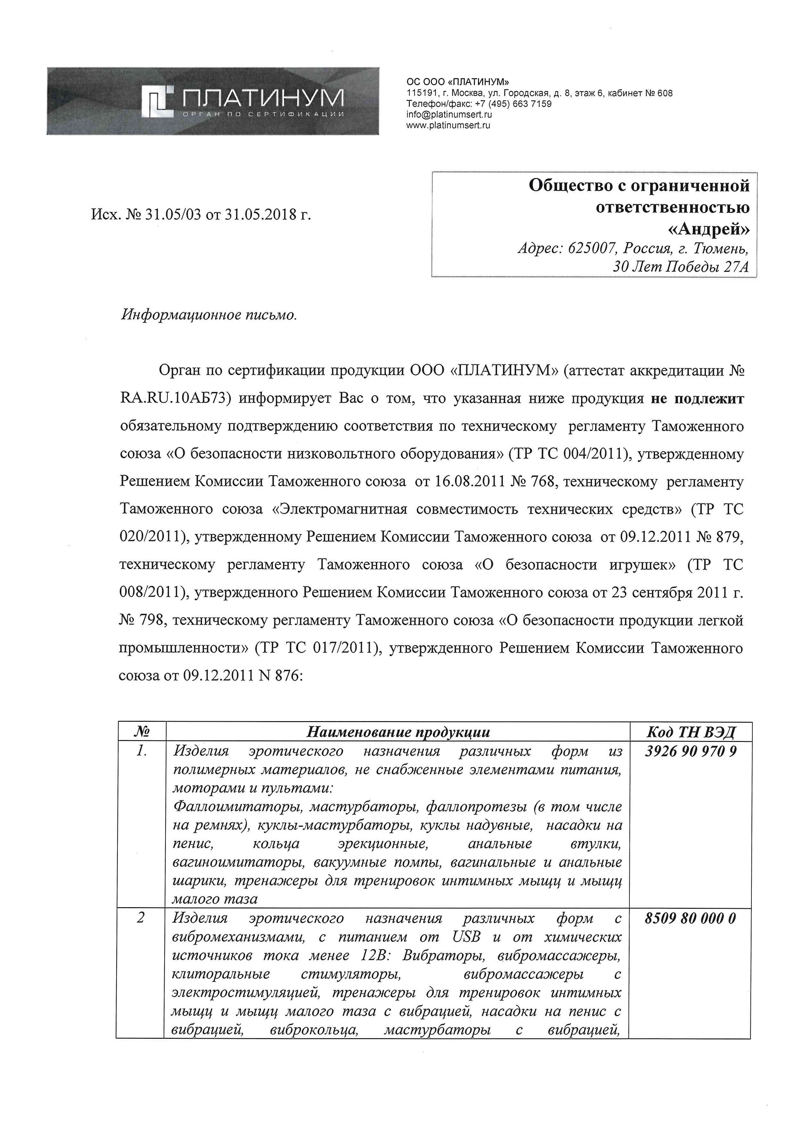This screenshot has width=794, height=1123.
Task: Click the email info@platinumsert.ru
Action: click(449, 114)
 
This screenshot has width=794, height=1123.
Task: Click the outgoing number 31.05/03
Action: click(173, 215)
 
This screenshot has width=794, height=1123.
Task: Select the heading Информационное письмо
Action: click(209, 315)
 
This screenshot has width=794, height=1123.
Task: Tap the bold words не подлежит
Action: click(697, 399)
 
